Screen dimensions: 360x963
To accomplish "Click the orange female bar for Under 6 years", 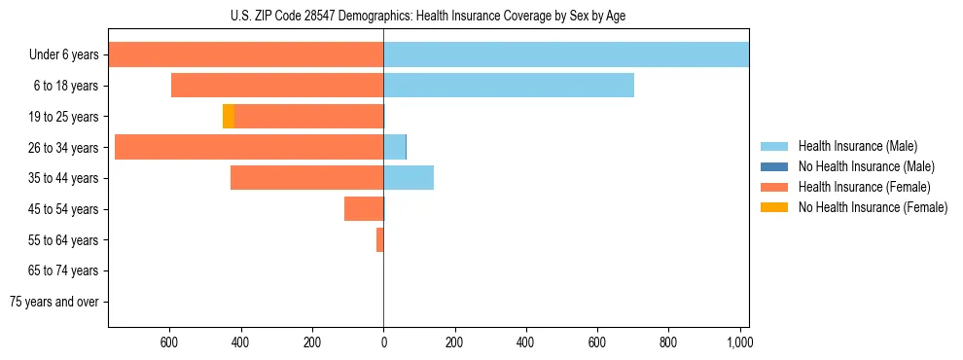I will (245, 54).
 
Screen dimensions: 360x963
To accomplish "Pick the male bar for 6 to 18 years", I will (509, 86).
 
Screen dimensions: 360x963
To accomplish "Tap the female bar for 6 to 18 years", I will (277, 86).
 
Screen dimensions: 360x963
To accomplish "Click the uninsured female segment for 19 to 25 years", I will (229, 117).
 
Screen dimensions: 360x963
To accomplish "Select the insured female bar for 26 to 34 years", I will (249, 147).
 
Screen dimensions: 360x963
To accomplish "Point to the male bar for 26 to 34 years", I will (395, 147).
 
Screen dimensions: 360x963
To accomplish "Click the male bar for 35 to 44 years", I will (409, 178).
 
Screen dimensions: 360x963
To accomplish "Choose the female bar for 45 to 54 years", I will (364, 209).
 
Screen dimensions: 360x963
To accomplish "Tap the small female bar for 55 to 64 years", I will (380, 239).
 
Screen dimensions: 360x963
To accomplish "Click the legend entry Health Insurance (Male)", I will (856, 146).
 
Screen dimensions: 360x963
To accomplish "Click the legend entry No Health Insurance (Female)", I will (873, 207).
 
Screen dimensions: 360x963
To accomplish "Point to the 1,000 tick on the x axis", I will (739, 342).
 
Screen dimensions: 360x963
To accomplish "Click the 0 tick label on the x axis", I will (383, 342).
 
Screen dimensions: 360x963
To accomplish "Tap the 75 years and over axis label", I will (54, 302).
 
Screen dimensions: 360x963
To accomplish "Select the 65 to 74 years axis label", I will (64, 270).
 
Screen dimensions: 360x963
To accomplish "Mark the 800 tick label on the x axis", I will (668, 342).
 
